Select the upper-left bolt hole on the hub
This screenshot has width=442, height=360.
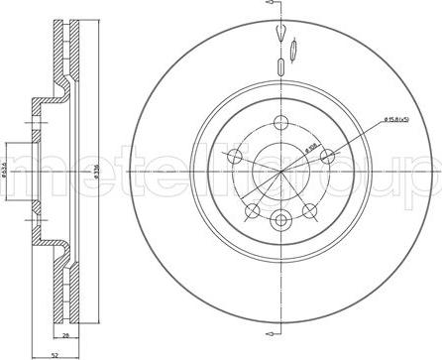[x=236, y=157]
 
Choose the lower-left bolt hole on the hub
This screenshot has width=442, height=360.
[x=254, y=209]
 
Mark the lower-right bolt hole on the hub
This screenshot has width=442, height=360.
[x=310, y=209]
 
